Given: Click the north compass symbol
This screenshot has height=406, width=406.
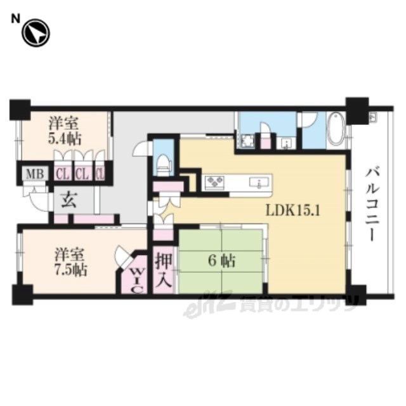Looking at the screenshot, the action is tap(36, 33).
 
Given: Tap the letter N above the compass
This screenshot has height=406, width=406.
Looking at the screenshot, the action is tap(15, 19).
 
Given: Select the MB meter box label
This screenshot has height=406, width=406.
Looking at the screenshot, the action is tap(36, 174).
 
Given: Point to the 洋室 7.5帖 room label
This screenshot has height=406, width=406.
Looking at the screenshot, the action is tap(70, 262).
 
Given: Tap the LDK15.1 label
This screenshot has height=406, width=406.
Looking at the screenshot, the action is tap(293, 211).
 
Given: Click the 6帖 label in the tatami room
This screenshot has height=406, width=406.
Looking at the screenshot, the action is tap(222, 261).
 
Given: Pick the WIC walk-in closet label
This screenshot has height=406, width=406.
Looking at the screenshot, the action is tap(136, 280).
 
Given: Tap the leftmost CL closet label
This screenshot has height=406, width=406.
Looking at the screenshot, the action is tap(63, 174).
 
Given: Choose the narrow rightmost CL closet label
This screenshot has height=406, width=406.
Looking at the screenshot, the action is tap(100, 174).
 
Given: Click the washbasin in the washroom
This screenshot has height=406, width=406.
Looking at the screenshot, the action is tap(286, 143).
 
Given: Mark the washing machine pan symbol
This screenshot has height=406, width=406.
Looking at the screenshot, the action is tap(247, 141).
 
